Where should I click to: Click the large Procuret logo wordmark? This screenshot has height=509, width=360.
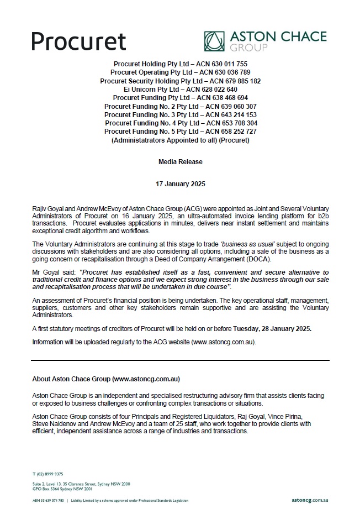tap(78, 41)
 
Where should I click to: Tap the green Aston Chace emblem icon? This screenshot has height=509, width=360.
tap(215, 41)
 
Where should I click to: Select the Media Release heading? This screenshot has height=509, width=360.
tap(180, 162)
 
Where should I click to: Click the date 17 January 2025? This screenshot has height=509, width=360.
tap(180, 183)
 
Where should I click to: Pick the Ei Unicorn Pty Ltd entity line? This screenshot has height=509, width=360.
tap(180, 89)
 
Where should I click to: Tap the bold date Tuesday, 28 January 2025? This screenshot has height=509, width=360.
tap(272, 328)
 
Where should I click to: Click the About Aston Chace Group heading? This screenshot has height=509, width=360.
tap(106, 379)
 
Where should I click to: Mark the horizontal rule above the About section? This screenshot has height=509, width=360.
tap(180, 360)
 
